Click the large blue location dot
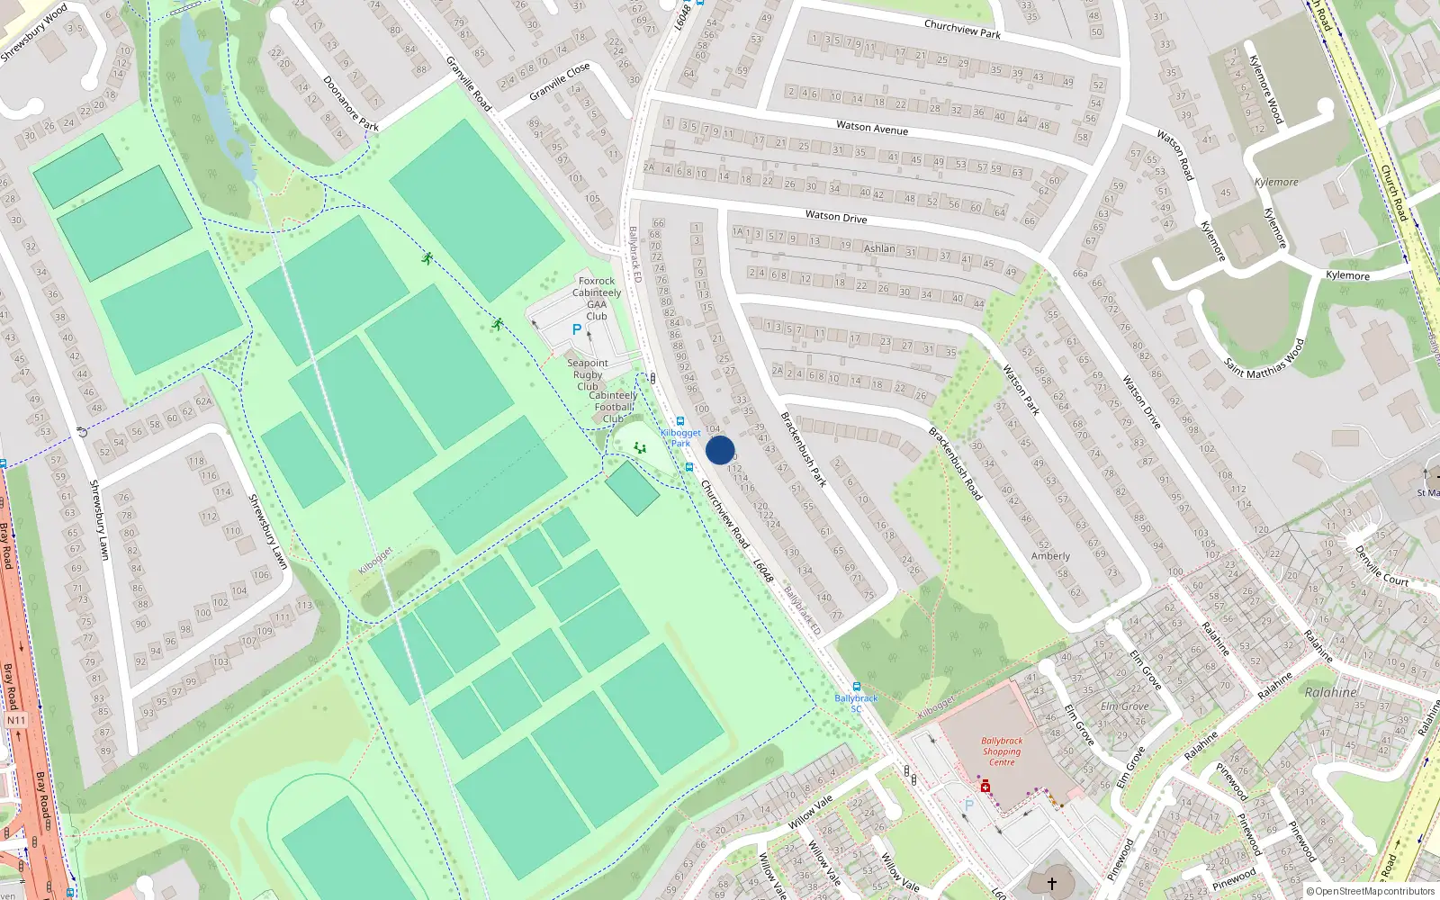click(720, 450)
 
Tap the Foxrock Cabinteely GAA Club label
click(597, 298)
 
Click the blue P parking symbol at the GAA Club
click(577, 330)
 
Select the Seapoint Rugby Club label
click(588, 374)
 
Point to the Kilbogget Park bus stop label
click(680, 437)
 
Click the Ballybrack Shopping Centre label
click(1002, 751)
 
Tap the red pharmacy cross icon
click(985, 787)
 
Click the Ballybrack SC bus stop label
click(856, 703)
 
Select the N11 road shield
click(16, 720)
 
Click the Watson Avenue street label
click(872, 128)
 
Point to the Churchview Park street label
click(962, 29)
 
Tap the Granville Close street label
click(560, 82)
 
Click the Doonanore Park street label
click(351, 103)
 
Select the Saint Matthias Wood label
click(1264, 358)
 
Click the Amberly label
click(1050, 556)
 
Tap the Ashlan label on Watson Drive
click(879, 248)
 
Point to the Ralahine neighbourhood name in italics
click(1330, 692)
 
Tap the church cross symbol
click(1051, 884)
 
